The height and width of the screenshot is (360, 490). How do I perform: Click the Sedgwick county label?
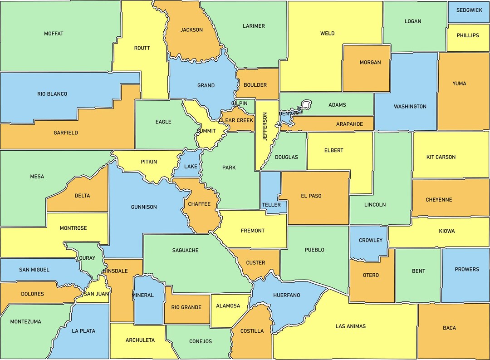(x=469, y=10)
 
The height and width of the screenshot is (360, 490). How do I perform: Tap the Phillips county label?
(x=468, y=35)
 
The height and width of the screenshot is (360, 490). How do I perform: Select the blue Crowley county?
(x=370, y=241)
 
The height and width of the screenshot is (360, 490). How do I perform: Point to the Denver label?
(x=289, y=113)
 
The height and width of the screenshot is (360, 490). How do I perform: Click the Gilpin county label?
(x=240, y=104)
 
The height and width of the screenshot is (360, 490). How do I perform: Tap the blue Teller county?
(x=271, y=205)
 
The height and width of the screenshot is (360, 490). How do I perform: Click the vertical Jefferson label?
(x=265, y=127)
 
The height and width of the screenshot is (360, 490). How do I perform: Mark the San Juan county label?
(x=95, y=294)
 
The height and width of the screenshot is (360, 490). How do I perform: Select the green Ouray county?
(x=88, y=258)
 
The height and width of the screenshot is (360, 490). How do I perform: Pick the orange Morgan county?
(x=370, y=63)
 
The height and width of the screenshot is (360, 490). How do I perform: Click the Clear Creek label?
(x=236, y=121)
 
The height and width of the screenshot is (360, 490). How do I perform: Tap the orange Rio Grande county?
(x=186, y=307)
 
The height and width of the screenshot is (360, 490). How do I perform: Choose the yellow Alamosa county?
(x=228, y=306)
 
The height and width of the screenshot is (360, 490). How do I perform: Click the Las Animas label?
(x=350, y=326)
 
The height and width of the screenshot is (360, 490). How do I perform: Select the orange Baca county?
(x=449, y=328)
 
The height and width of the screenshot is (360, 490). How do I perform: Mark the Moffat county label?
(x=54, y=34)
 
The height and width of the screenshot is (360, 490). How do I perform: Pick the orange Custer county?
(x=255, y=263)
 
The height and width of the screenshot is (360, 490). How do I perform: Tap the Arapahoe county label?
(x=349, y=124)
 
